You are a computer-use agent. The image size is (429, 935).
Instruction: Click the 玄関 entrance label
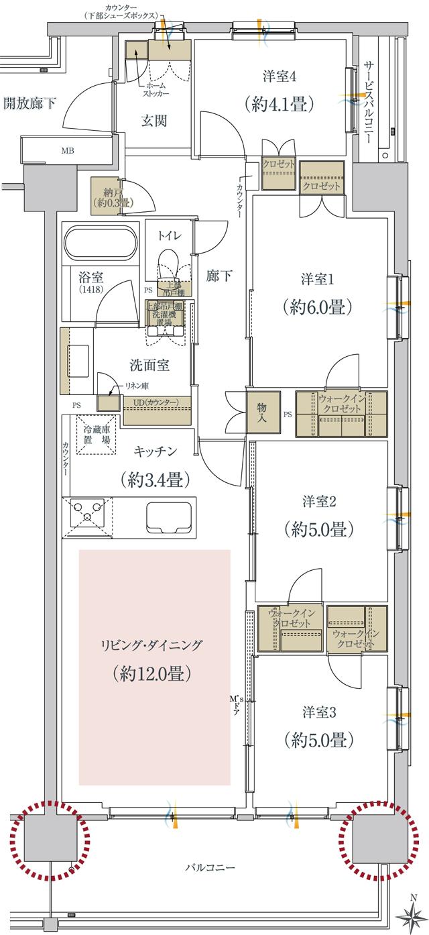click(154, 121)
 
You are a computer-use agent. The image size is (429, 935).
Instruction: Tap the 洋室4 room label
click(280, 76)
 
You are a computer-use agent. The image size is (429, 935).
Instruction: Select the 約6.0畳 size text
click(318, 307)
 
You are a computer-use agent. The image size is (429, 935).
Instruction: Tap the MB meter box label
click(68, 150)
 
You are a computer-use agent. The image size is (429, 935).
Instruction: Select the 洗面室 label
click(149, 366)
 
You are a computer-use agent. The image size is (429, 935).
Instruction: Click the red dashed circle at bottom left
click(50, 840)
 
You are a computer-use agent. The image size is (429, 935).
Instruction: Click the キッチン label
click(155, 451)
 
